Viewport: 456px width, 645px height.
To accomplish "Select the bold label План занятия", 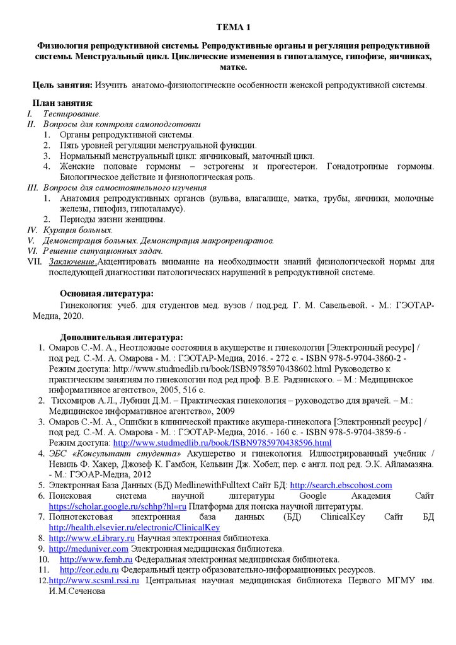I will coord(62,103).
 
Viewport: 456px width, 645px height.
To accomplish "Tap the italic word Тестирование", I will coord(71,113).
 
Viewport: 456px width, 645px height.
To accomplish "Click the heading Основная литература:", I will coord(106,294).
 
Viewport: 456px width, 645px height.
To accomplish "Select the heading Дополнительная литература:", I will coord(122,337).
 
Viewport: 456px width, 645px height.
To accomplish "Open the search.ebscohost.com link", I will coord(341,485).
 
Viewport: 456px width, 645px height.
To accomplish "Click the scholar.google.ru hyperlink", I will coord(117,506).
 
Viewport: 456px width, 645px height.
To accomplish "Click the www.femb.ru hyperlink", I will coord(95,559).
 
